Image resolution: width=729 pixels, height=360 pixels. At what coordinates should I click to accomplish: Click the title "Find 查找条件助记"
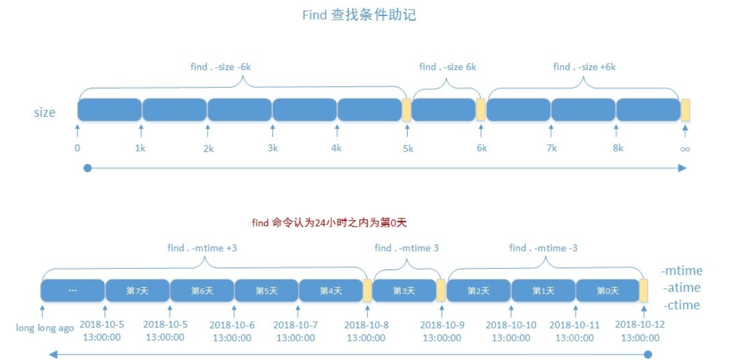tap(359, 15)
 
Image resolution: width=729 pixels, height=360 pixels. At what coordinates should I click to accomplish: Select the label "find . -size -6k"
tap(220, 67)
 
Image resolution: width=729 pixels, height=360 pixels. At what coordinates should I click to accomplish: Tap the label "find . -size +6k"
tap(584, 67)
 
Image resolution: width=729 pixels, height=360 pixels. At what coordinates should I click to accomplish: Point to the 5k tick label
tap(408, 149)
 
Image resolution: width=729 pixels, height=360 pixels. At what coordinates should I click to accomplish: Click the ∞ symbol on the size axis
tap(685, 149)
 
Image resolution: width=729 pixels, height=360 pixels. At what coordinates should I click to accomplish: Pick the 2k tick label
tap(208, 149)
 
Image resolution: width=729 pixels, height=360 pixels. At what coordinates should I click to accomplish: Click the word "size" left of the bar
tap(45, 112)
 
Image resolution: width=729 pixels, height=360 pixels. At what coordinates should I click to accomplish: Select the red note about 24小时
tap(329, 223)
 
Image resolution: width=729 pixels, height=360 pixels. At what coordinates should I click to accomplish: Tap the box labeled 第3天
tap(405, 291)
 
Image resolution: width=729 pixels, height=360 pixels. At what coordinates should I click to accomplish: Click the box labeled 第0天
tap(608, 291)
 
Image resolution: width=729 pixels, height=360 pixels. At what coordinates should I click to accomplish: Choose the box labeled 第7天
tap(137, 291)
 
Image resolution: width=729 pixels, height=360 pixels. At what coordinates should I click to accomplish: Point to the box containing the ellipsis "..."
tap(73, 291)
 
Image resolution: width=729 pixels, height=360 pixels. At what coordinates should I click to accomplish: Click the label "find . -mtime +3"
tap(202, 248)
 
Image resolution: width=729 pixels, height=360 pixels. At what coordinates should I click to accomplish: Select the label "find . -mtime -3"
tap(543, 248)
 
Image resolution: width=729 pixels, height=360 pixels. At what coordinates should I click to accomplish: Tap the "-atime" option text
tap(681, 288)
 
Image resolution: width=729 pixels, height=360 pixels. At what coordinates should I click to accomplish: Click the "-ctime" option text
tap(681, 305)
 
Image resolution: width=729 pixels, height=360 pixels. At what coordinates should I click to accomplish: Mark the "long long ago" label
tap(45, 328)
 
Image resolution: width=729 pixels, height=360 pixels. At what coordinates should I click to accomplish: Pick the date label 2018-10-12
tap(640, 325)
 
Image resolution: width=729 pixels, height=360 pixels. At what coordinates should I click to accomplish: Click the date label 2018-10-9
tap(442, 325)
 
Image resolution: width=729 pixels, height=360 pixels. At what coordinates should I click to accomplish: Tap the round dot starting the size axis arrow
tap(87, 168)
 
